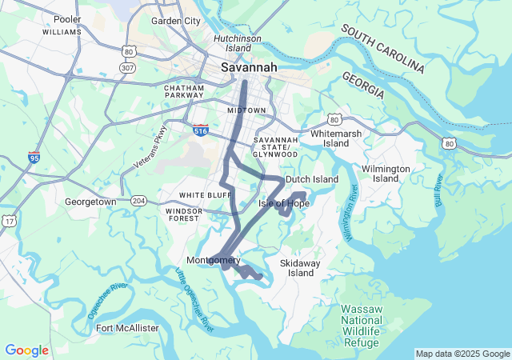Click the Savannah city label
pos(249,68)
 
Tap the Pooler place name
pos(67,18)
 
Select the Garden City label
pos(176,21)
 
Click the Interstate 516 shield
pos(202,129)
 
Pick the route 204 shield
pos(139,201)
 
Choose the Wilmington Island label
pos(386,174)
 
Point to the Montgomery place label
pos(213,261)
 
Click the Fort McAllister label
pos(127,328)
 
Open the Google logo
pos(26,350)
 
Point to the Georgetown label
pos(90,202)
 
